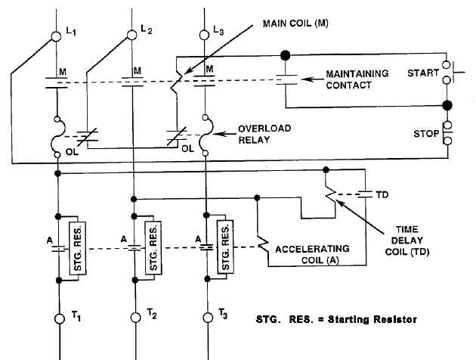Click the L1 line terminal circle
pos(56,36)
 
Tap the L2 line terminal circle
pos(131,35)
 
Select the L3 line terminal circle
pos(204,35)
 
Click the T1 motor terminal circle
pos(60,318)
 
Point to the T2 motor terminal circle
pos(136,318)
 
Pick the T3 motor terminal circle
pos(208,318)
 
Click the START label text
pos(423,73)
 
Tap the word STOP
pos(426,134)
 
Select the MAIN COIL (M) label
pos(295,23)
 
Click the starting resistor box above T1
pos(77,249)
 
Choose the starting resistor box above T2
pos(153,248)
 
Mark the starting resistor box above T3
pos(225,247)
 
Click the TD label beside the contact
pos(382,194)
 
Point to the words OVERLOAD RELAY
pos(264,135)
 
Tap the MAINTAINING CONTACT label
pos(357,79)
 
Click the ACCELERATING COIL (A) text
pos(313,255)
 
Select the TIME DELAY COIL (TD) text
pos(406,241)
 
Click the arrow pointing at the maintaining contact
pos(312,79)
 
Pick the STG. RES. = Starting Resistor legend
pos(336,320)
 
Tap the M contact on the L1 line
pos(57,82)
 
